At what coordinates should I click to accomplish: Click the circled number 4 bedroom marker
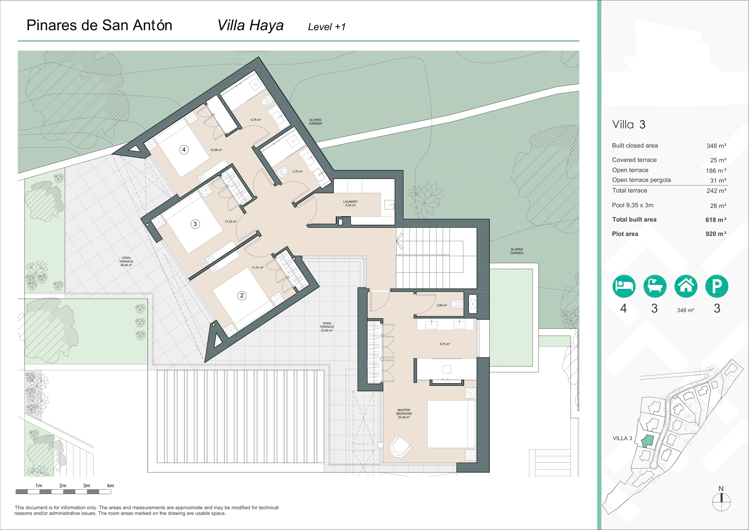click(184, 149)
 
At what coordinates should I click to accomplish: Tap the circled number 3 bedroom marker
click(195, 224)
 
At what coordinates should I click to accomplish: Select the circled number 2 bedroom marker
click(242, 296)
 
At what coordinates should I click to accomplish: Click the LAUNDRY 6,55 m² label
click(350, 203)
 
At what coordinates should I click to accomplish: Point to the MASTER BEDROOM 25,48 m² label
click(404, 413)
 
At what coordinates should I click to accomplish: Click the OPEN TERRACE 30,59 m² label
click(126, 262)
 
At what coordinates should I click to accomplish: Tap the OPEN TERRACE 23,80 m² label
click(327, 327)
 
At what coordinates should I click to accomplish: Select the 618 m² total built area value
click(715, 220)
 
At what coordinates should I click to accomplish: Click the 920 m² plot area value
click(715, 234)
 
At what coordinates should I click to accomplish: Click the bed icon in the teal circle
click(624, 286)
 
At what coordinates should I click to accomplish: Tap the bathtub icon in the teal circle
click(655, 286)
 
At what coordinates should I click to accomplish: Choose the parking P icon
click(717, 286)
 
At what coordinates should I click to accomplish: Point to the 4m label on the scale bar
click(110, 486)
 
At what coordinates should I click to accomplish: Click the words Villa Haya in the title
click(250, 26)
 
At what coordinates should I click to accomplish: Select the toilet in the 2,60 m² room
click(457, 304)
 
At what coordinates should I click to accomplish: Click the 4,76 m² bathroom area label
click(255, 120)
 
